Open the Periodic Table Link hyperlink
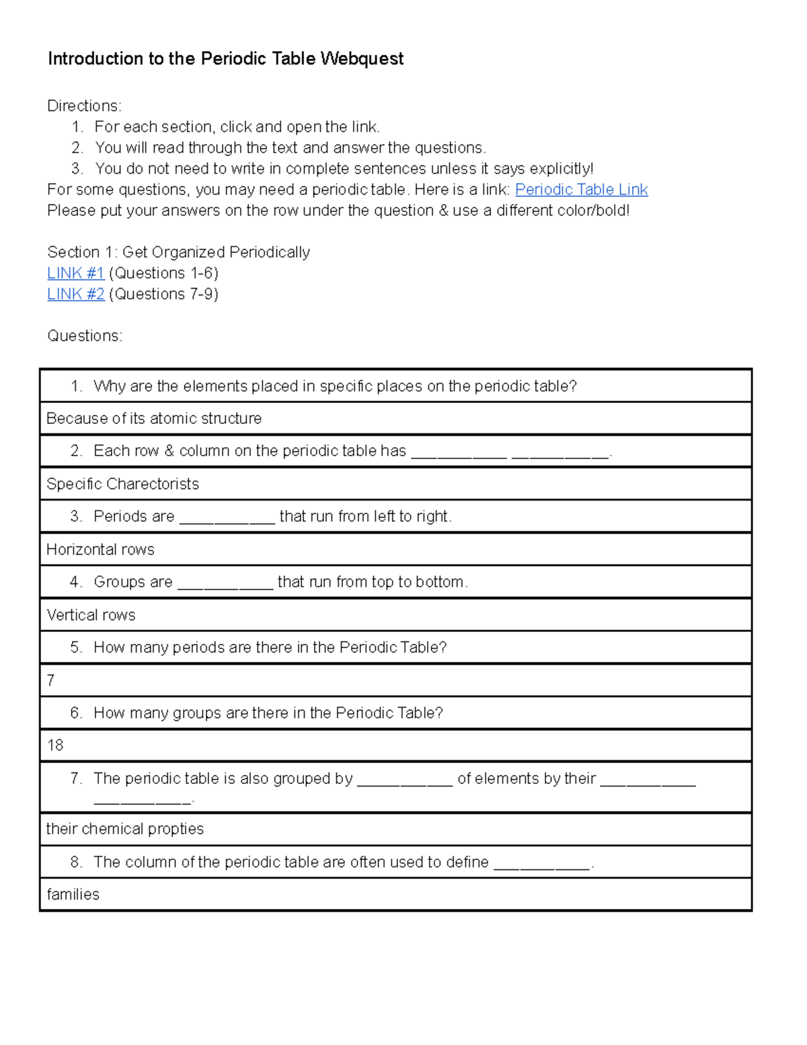click(x=581, y=190)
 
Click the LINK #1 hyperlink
click(x=75, y=273)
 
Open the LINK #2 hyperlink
click(x=75, y=294)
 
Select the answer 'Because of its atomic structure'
click(x=154, y=419)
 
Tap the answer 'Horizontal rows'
click(x=100, y=550)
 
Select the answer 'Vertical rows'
click(x=91, y=615)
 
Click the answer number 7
click(x=50, y=681)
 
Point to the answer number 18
click(x=55, y=746)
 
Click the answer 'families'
click(x=73, y=895)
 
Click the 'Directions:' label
click(x=84, y=106)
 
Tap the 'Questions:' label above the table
click(x=85, y=336)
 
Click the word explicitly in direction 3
click(x=561, y=169)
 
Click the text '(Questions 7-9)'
click(x=163, y=294)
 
